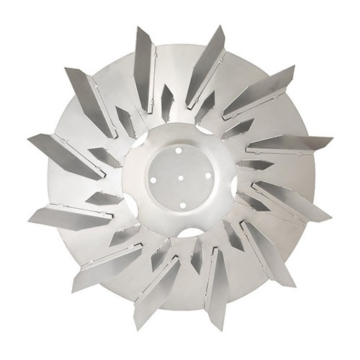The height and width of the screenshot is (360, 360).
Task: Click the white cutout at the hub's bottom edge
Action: click(x=189, y=232)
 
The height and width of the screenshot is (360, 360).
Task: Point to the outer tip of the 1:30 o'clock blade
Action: click(x=292, y=69)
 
